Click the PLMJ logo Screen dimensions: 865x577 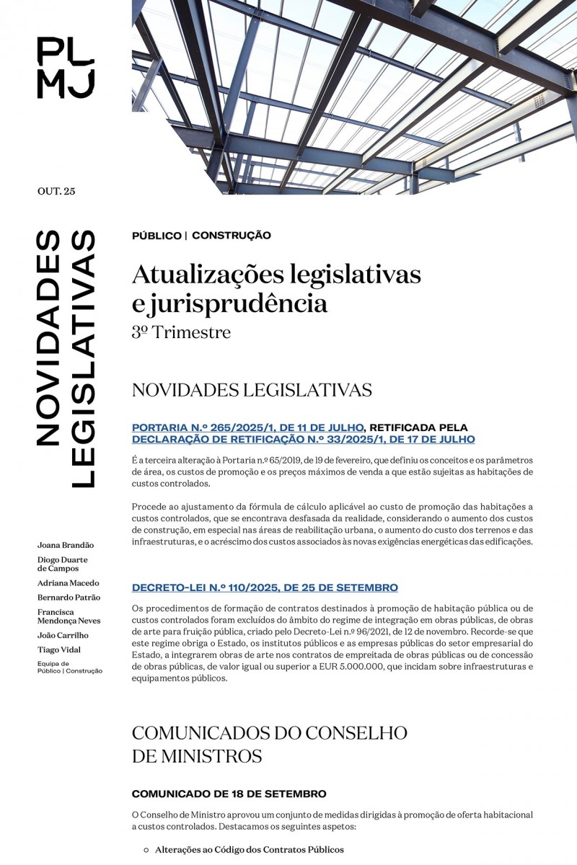tap(66, 68)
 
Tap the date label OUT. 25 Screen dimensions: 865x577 tap(56, 191)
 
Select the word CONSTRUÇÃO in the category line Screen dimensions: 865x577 tap(232, 235)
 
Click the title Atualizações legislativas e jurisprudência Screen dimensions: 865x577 tap(276, 288)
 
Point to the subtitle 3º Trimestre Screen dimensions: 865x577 tap(181, 332)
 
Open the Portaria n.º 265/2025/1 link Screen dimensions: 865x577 tap(247, 427)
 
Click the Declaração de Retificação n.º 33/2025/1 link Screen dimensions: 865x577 tap(303, 439)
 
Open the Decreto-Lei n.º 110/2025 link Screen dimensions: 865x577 tap(265, 587)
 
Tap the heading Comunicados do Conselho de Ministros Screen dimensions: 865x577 tap(269, 744)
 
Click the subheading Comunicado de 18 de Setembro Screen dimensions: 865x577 tap(229, 794)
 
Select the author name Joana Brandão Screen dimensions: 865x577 tap(66, 545)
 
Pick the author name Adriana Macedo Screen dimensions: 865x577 tap(69, 582)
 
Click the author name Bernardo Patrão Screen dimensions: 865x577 tap(69, 598)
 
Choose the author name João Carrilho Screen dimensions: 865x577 tap(63, 635)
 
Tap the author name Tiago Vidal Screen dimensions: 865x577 tap(59, 649)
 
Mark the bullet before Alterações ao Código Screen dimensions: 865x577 tap(146, 850)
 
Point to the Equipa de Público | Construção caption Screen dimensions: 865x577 tap(70, 667)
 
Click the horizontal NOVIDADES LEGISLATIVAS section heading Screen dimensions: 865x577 tap(252, 390)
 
